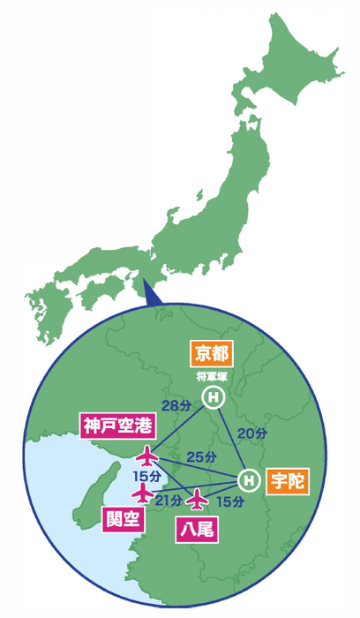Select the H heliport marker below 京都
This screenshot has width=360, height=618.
coord(213,399)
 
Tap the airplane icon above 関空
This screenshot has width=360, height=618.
coord(142,490)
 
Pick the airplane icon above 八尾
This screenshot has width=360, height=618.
coord(198,500)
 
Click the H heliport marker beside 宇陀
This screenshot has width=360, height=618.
coord(250,480)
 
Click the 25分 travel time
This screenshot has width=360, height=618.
coord(202,456)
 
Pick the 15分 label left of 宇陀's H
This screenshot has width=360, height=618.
coord(229,501)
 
